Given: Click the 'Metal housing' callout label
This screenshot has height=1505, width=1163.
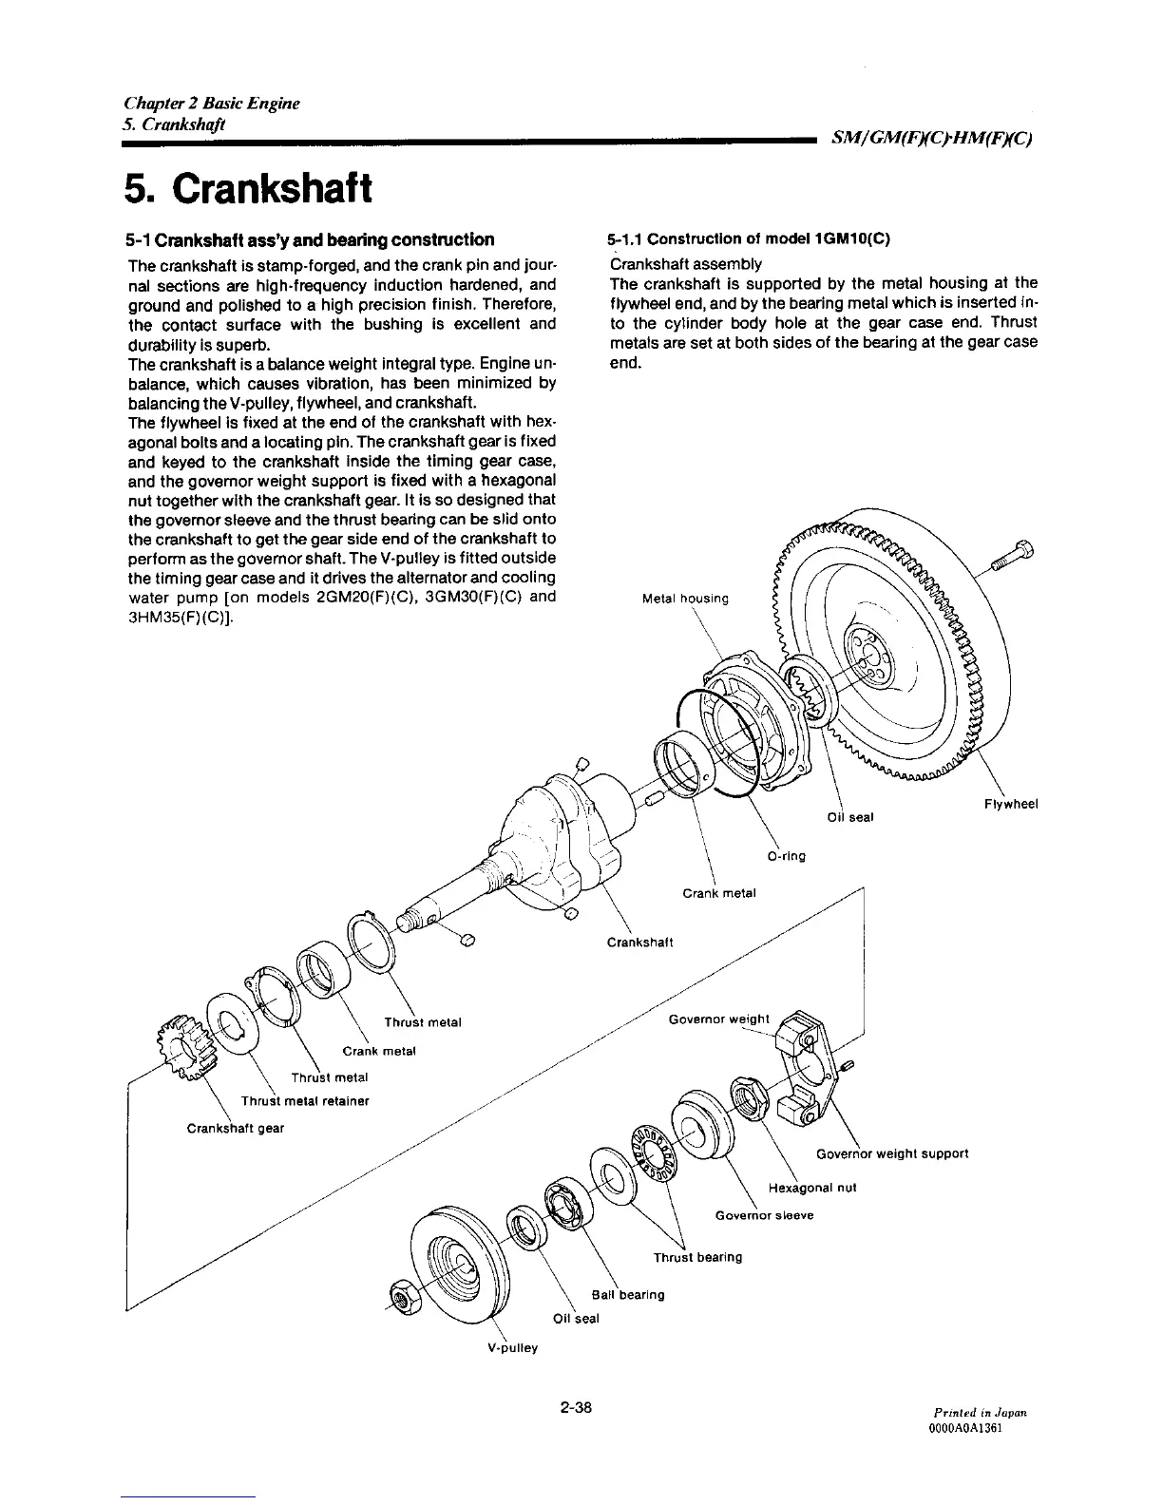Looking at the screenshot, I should [x=685, y=599].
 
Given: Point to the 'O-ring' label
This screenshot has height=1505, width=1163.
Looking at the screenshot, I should [x=785, y=856].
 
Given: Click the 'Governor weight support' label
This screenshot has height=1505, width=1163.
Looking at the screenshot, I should [x=891, y=1153].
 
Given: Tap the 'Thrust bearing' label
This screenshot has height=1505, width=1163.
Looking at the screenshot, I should [x=697, y=1257].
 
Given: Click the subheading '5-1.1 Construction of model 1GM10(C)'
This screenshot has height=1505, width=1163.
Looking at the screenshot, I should [x=749, y=239].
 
